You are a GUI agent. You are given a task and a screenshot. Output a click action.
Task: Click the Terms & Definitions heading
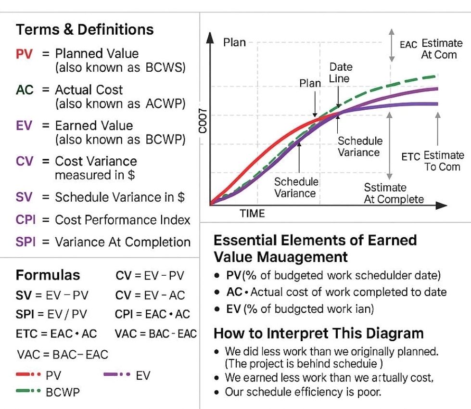pos(85,30)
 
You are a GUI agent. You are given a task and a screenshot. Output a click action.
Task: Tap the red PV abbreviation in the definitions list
pos(24,54)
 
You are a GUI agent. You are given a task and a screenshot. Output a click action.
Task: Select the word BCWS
pos(165,67)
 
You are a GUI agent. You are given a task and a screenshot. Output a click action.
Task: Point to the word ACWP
pos(165,103)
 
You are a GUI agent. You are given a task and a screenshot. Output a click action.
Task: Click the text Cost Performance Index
pos(123,220)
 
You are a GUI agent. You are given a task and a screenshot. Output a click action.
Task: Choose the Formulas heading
pos(48,275)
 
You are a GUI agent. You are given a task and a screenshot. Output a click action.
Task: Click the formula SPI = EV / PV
pos(51,314)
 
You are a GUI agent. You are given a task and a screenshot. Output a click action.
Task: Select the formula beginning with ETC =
pos(56,333)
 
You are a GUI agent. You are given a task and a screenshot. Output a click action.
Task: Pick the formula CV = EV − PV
pos(150,276)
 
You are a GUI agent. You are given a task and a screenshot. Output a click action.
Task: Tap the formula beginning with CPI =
pos(153,314)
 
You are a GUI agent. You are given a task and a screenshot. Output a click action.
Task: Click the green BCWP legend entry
pos(63,392)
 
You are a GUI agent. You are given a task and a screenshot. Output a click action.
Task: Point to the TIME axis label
pos(252,214)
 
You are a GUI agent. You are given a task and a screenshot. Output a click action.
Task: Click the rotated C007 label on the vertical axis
pos(204,121)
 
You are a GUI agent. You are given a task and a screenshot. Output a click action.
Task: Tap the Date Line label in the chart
pos(340,73)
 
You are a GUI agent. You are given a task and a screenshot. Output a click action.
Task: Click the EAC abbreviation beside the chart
pos(408,45)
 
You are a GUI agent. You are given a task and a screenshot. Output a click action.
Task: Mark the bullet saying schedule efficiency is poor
pos(303,392)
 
